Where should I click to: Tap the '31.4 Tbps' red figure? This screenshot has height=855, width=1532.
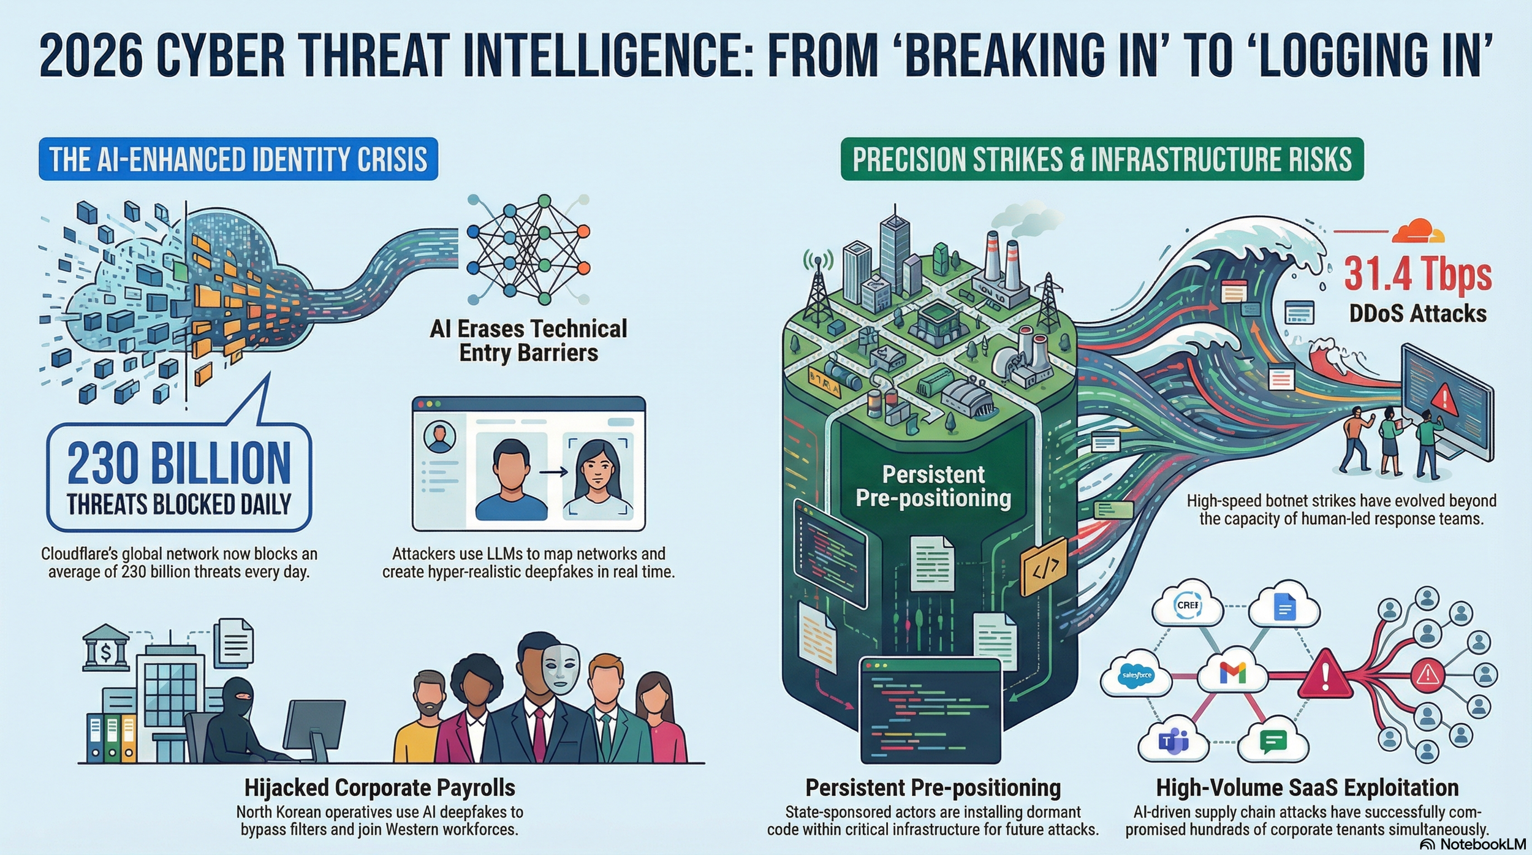tap(1417, 274)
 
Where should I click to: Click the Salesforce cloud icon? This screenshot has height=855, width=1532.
tap(1136, 675)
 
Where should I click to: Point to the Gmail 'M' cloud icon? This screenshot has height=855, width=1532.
tap(1232, 673)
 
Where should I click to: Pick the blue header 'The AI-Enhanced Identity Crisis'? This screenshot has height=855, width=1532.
tap(238, 159)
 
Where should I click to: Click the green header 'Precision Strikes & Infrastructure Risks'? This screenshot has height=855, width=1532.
tap(1102, 159)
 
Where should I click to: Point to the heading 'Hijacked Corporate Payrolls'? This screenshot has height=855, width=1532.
tap(380, 788)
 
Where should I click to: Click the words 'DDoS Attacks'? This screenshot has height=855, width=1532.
tap(1417, 314)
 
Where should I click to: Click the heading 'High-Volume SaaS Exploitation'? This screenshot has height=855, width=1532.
tap(1307, 788)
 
